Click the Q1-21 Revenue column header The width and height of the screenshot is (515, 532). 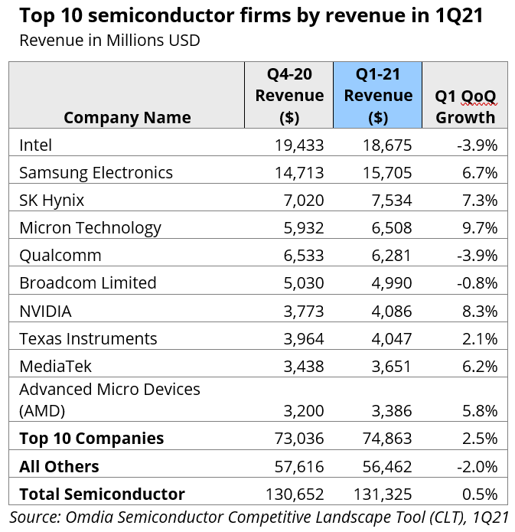pyautogui.click(x=378, y=96)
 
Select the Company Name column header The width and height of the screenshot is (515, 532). pyautogui.click(x=127, y=117)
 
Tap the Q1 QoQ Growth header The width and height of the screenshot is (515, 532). pyautogui.click(x=465, y=106)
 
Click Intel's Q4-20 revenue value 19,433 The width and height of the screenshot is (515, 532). pyautogui.click(x=299, y=145)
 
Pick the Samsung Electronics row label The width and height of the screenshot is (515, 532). pyautogui.click(x=96, y=172)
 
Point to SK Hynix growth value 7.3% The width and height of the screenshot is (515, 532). pyautogui.click(x=480, y=201)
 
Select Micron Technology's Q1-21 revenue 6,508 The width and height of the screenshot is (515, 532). pyautogui.click(x=387, y=228)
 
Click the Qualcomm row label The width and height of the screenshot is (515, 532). pyautogui.click(x=60, y=256)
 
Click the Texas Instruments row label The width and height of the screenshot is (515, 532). pyautogui.click(x=88, y=338)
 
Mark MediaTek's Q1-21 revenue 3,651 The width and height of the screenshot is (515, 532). pyautogui.click(x=387, y=367)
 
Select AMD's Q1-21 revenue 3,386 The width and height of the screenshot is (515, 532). pyautogui.click(x=387, y=410)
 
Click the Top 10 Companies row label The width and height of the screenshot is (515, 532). pyautogui.click(x=91, y=438)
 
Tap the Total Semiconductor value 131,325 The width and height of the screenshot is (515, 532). pyautogui.click(x=383, y=494)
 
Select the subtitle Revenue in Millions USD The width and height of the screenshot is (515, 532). pyautogui.click(x=109, y=40)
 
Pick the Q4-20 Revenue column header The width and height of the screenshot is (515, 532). pyautogui.click(x=289, y=96)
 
